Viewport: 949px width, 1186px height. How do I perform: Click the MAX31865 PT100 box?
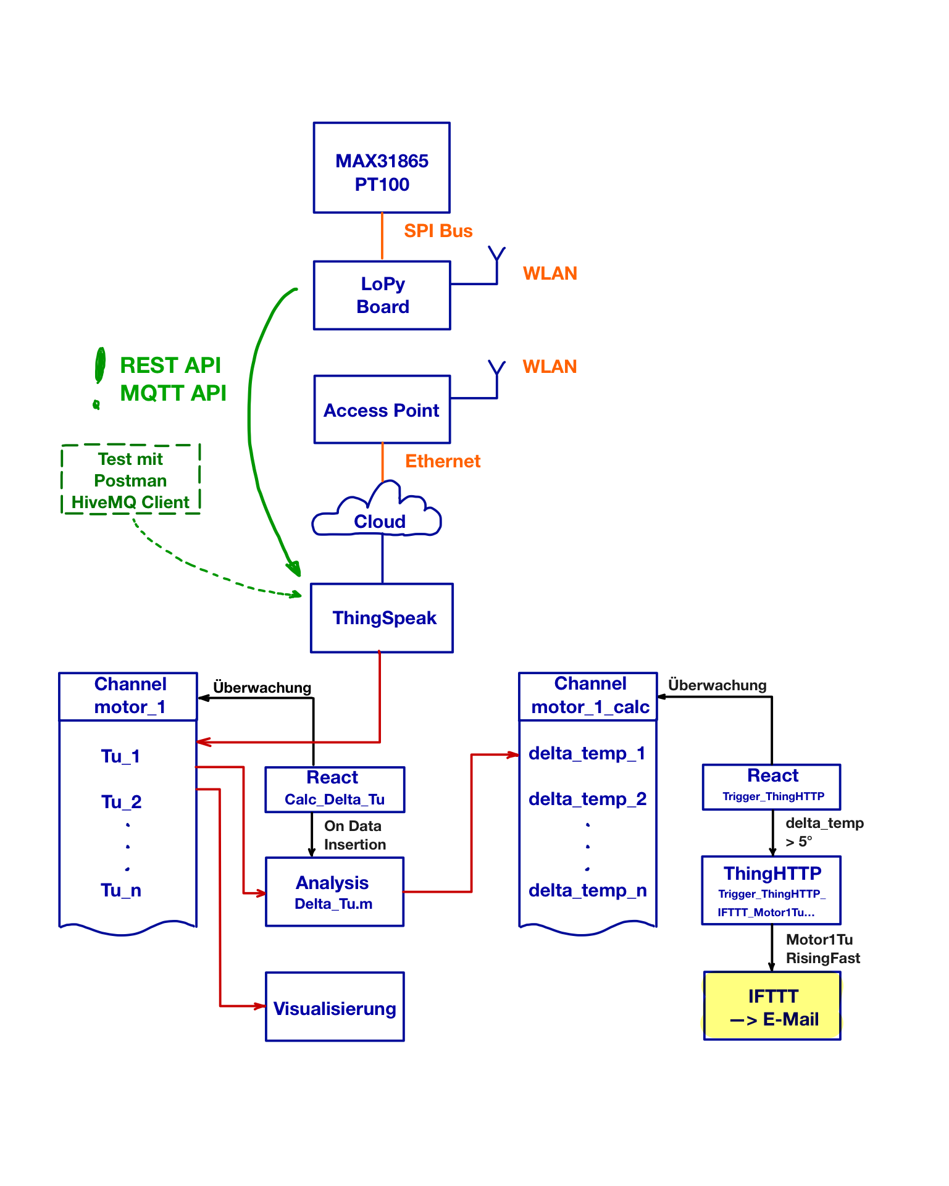pyautogui.click(x=382, y=168)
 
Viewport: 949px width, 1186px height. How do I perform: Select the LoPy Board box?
pyautogui.click(x=382, y=295)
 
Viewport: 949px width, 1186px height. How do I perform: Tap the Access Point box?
pyautogui.click(x=382, y=409)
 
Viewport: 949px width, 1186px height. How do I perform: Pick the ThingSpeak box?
pyautogui.click(x=382, y=617)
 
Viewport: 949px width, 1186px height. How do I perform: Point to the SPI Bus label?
pyautogui.click(x=438, y=231)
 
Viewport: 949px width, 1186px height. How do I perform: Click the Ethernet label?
pyautogui.click(x=443, y=461)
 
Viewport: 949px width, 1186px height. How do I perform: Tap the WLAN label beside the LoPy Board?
pyautogui.click(x=550, y=274)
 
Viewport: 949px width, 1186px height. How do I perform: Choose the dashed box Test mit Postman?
pyautogui.click(x=131, y=480)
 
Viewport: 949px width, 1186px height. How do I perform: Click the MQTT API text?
pyautogui.click(x=173, y=393)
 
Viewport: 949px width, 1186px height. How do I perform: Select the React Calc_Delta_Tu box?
pyautogui.click(x=335, y=789)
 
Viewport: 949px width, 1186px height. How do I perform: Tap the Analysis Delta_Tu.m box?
pyautogui.click(x=335, y=892)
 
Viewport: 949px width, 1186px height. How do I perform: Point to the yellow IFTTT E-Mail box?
pyautogui.click(x=772, y=1006)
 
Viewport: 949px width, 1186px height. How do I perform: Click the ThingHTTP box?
pyautogui.click(x=772, y=890)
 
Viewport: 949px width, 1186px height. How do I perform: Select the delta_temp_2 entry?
pyautogui.click(x=588, y=799)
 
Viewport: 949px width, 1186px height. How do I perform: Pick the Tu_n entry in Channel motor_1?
pyautogui.click(x=121, y=890)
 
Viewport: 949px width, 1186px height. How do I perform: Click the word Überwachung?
pyautogui.click(x=717, y=685)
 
